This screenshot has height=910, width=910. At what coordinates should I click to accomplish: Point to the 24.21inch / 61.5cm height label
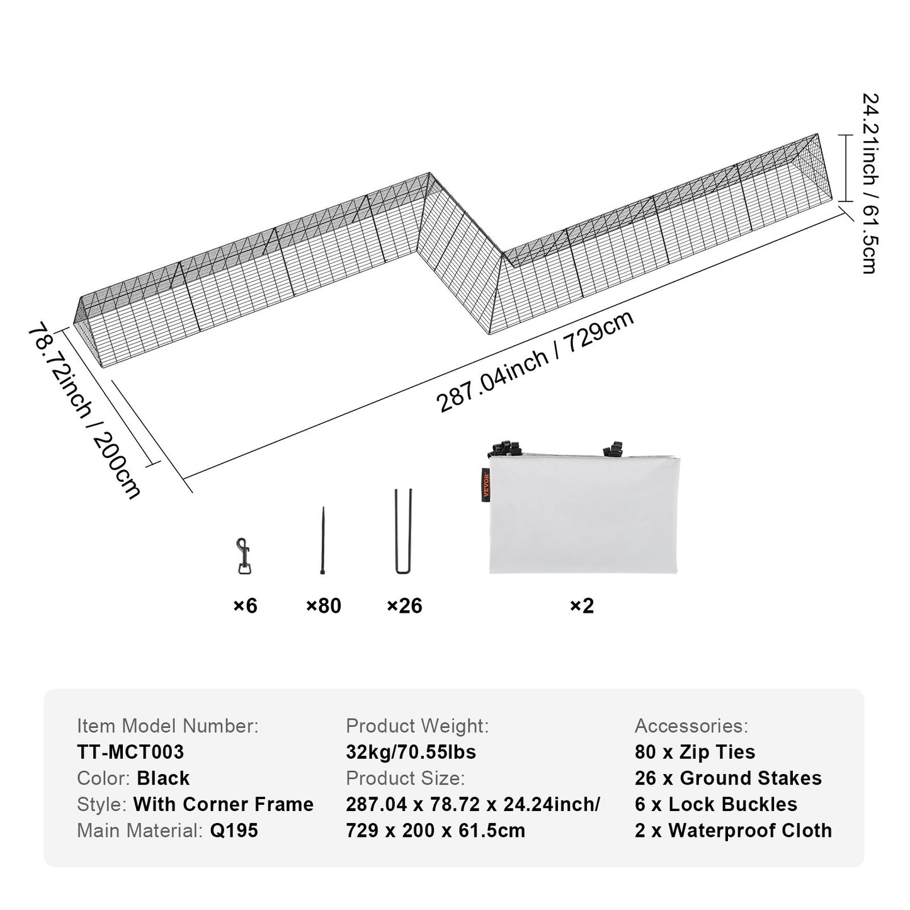coord(870,183)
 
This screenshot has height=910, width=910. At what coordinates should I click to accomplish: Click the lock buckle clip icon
coord(243,556)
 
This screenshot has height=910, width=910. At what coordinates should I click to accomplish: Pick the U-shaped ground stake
coord(403,532)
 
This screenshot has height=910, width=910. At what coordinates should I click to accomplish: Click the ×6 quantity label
coord(245,606)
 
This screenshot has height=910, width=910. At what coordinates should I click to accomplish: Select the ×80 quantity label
coord(323,606)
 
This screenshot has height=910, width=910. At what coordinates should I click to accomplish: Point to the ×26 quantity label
coord(404,606)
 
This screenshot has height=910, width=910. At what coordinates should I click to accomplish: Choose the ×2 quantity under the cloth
coord(582,606)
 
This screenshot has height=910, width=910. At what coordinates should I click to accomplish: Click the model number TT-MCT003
coord(130,752)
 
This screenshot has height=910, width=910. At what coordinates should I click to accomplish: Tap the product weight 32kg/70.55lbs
coord(411,752)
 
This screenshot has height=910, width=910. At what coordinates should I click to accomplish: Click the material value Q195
coord(234,830)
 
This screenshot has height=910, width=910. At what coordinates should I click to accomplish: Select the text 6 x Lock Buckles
coord(715,804)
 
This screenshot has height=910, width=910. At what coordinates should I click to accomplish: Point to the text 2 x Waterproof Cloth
coord(733,830)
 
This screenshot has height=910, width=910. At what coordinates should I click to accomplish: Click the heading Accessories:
coord(691,726)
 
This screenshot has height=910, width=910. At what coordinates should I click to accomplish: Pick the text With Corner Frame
coord(223,804)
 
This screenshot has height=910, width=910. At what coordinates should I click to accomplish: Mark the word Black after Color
coord(163,778)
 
